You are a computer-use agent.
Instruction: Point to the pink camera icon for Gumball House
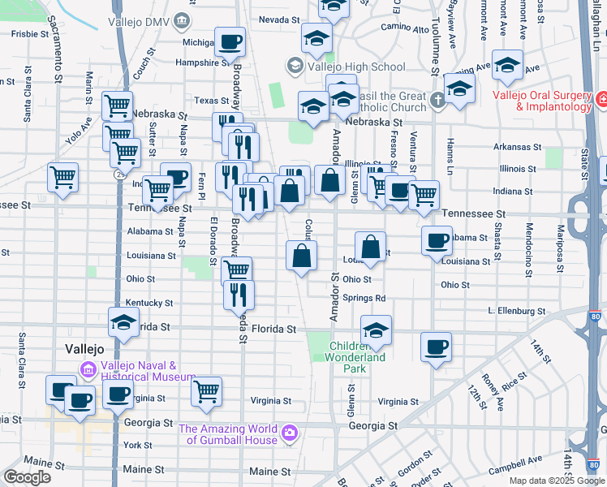pos(289,434)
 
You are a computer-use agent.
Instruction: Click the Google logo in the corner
pos(27,477)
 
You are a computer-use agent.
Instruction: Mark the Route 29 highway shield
pos(119,173)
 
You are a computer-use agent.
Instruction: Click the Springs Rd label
pos(364,298)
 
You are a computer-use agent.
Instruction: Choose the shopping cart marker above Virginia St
pos(207,390)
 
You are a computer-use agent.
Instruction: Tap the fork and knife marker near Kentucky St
pos(239,294)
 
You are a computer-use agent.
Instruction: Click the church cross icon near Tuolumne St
pos(437,101)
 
